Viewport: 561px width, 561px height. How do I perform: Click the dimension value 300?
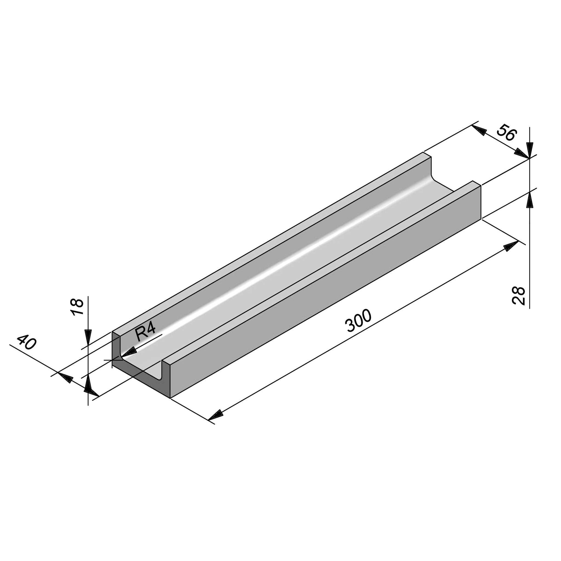pos(359,321)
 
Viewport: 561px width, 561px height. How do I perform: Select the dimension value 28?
pos(519,296)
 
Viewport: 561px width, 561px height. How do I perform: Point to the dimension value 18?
pos(77,307)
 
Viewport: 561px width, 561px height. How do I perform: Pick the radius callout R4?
pos(146,333)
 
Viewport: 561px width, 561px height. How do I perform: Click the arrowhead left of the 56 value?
pos(479,130)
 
